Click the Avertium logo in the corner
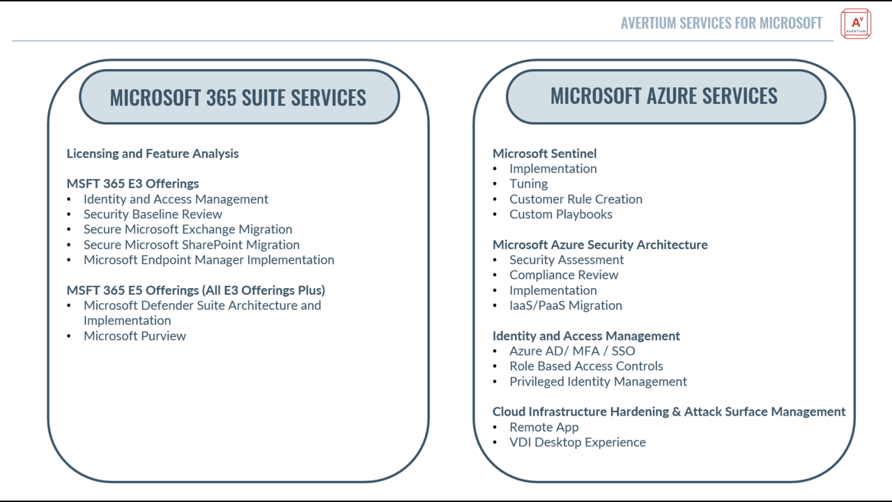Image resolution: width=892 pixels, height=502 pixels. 856,24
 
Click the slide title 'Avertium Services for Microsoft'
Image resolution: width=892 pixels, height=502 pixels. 721,23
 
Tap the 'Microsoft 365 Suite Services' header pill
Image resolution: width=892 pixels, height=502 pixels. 239,97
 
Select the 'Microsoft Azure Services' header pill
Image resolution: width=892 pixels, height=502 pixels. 666,96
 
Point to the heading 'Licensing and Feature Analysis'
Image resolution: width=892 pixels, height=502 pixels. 153,153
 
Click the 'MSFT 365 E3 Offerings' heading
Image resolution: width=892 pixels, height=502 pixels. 132,183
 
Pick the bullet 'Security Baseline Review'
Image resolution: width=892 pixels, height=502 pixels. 153,214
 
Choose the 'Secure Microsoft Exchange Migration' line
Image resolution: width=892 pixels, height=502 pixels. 187,229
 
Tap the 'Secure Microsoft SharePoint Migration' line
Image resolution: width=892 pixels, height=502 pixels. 192,245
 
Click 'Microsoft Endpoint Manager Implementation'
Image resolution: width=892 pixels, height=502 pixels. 208,260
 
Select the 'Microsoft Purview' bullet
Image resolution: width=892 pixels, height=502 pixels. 134,336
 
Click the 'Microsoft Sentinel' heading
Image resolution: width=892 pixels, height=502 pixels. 544,153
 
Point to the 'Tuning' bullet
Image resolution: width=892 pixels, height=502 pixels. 528,183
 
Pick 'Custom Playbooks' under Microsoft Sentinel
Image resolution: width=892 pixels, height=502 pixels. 561,214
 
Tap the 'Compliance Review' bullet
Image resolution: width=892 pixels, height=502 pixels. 564,275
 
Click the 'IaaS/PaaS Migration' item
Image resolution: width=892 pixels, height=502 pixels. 565,305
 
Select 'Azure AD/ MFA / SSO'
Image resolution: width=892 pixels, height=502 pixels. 572,351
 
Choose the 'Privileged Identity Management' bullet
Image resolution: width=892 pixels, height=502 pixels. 598,381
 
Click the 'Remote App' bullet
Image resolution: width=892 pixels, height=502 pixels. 544,427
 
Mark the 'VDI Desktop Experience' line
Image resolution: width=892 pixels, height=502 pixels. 578,442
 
